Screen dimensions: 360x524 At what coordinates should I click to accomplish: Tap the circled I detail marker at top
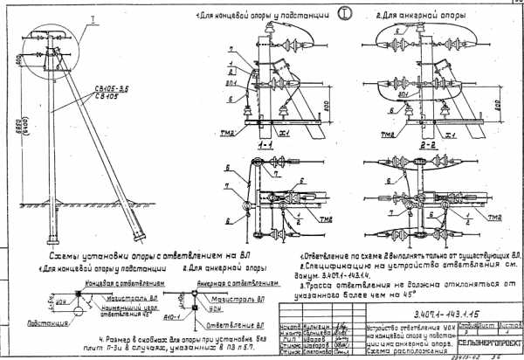(x=322, y=14)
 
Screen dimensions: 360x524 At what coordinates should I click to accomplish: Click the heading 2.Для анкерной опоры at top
(x=410, y=15)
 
